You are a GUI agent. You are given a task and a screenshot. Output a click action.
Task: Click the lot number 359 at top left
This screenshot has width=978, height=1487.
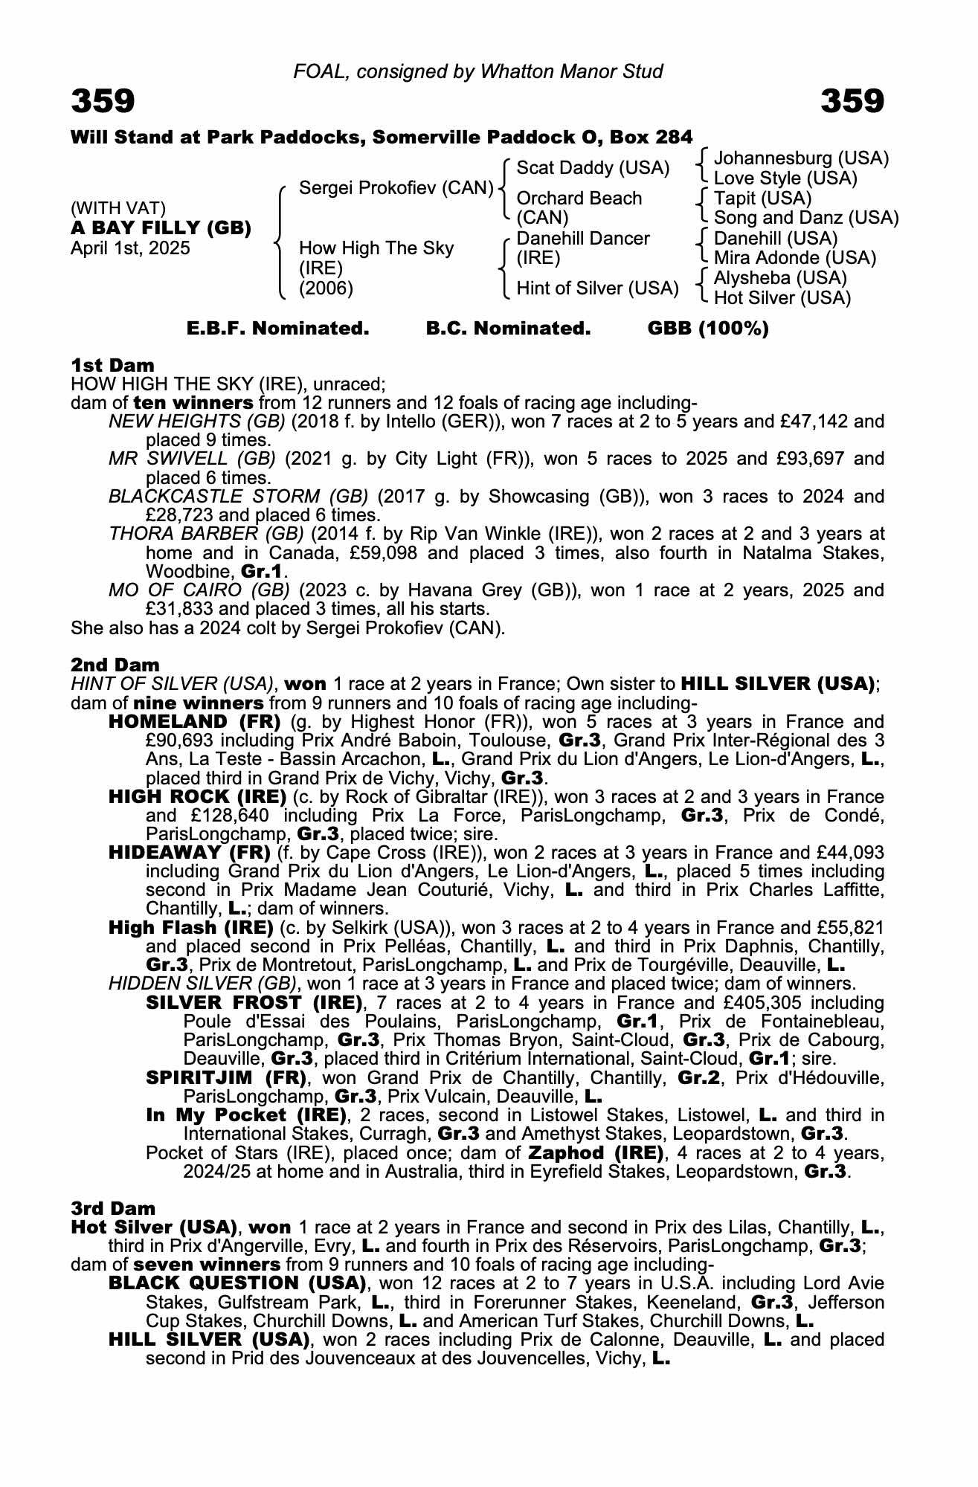tap(103, 100)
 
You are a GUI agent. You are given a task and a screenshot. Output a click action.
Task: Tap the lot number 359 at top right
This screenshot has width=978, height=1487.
tap(852, 100)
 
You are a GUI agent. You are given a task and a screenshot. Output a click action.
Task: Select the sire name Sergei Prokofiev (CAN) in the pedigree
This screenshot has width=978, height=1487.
tap(396, 188)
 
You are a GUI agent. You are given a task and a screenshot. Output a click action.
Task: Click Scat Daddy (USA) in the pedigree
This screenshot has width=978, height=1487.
tap(593, 168)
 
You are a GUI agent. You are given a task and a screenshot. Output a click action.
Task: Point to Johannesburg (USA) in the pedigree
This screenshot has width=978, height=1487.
tap(801, 158)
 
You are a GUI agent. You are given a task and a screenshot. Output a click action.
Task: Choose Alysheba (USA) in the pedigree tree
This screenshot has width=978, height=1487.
tap(780, 278)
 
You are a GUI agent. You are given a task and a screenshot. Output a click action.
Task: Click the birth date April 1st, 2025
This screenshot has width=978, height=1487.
tap(130, 248)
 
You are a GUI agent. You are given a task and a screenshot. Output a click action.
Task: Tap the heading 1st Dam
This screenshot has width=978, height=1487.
tap(112, 365)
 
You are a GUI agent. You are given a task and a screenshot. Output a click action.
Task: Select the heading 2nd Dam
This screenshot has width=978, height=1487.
tap(115, 665)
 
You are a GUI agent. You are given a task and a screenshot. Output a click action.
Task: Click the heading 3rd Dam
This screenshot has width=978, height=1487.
tap(113, 1208)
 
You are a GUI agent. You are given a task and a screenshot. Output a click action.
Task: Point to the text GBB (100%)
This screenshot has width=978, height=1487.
tap(708, 329)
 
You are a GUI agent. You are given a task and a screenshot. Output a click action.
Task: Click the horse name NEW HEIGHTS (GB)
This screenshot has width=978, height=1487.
tap(197, 422)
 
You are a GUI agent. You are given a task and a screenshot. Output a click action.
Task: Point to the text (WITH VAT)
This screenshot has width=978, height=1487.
tap(118, 209)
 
